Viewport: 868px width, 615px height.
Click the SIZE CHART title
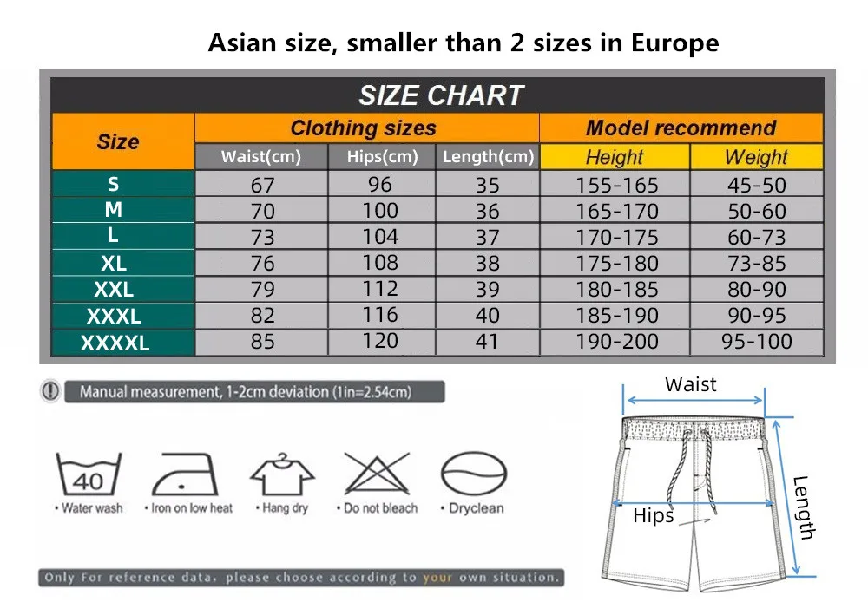click(x=441, y=95)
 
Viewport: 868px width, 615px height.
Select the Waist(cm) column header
click(x=260, y=157)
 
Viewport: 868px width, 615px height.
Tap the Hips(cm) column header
click(x=382, y=157)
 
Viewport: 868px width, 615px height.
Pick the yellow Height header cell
click(x=615, y=157)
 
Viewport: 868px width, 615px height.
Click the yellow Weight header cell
click(x=756, y=157)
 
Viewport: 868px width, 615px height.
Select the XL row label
click(x=114, y=262)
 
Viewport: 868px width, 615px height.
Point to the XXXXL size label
click(x=115, y=343)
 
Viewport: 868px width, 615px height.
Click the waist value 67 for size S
click(x=262, y=185)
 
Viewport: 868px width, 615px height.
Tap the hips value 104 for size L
click(x=380, y=237)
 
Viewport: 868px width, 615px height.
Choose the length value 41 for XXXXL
click(x=487, y=342)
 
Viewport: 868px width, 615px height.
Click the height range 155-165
click(x=617, y=185)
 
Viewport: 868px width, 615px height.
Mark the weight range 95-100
click(x=757, y=342)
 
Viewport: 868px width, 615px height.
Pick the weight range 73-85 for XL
click(x=756, y=263)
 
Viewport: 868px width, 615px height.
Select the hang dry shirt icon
click(x=283, y=474)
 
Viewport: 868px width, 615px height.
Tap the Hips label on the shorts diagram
click(x=653, y=516)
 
